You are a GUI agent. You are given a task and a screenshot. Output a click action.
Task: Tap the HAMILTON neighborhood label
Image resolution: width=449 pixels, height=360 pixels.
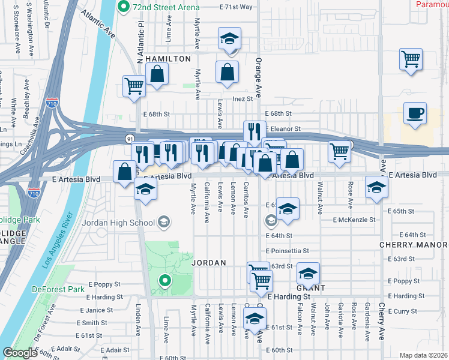pos(167,59)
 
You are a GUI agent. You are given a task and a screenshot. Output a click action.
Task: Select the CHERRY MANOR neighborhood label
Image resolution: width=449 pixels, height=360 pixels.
pos(413,245)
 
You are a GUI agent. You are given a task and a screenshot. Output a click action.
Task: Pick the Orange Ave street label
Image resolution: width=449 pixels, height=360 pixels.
pos(259,78)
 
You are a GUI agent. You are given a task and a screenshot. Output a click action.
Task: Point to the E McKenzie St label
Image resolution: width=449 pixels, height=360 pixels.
pos(355,220)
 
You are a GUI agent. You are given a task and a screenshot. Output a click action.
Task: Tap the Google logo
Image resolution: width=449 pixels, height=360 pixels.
pos(20,353)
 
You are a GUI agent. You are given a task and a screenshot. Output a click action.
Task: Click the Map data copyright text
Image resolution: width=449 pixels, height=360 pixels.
pos(423,355)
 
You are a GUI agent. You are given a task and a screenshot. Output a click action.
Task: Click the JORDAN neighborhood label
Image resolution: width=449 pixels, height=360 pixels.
pos(208,263)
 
